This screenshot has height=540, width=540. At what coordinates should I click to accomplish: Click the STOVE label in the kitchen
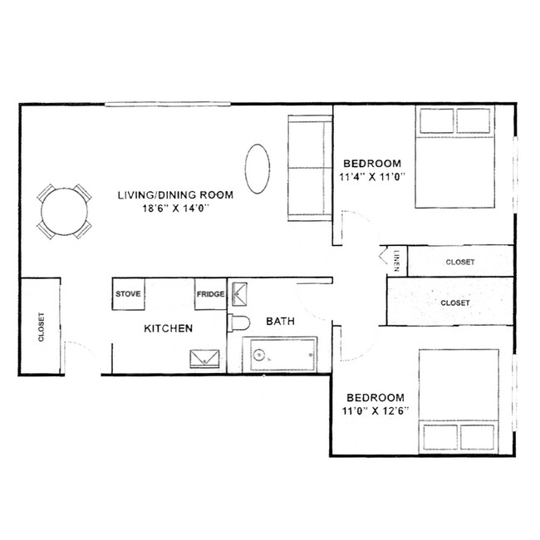[x=127, y=293]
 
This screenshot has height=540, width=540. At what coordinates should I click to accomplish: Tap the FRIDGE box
[x=209, y=293]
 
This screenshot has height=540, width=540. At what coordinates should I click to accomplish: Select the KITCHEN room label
[x=169, y=329]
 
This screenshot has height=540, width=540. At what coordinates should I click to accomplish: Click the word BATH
[x=277, y=321]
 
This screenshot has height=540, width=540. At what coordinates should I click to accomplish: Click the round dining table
[x=64, y=211]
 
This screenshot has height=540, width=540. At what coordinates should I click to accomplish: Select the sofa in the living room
[x=309, y=169]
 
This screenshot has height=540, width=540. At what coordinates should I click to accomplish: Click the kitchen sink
[x=205, y=358]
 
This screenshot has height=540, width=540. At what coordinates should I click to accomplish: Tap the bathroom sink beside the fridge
[x=241, y=292]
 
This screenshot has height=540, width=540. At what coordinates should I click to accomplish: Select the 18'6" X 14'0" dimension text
[x=174, y=209]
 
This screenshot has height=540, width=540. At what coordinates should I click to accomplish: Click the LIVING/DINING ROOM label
[x=174, y=194]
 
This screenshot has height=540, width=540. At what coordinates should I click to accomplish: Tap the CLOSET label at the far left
[x=40, y=327]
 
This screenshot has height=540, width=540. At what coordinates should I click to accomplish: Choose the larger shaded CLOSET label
[x=454, y=303]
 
